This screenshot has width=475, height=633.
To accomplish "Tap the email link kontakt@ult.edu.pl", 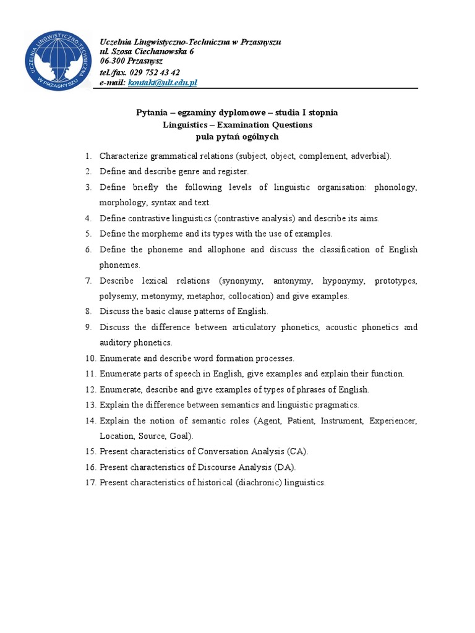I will pyautogui.click(x=162, y=82).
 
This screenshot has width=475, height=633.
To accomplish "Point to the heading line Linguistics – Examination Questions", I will pyautogui.click(x=237, y=125).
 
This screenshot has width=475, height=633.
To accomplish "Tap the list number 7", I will pyautogui.click(x=88, y=281).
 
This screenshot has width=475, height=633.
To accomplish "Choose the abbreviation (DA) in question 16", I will pyautogui.click(x=284, y=467).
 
